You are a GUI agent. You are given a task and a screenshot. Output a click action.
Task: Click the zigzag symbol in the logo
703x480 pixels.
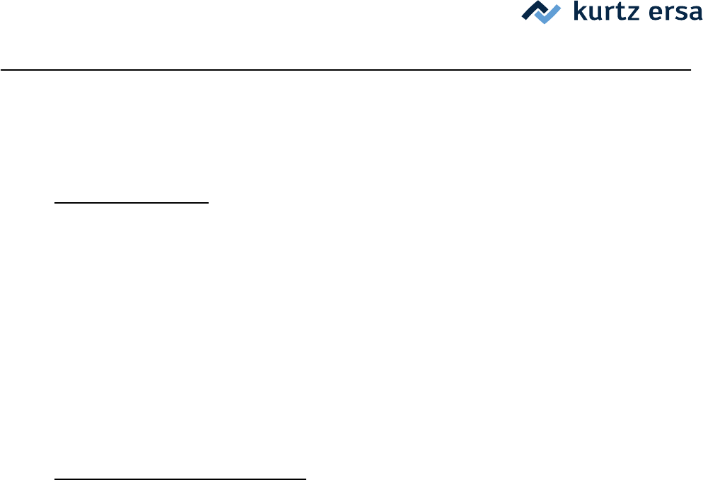point(541,13)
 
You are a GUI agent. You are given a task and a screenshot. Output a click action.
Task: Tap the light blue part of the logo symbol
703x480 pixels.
point(550,15)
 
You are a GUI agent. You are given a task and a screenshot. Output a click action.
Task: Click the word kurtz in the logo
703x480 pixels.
point(600,13)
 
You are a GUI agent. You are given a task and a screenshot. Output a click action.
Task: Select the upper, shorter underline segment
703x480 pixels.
point(132,202)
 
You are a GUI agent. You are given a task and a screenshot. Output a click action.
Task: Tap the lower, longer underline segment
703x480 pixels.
point(180,479)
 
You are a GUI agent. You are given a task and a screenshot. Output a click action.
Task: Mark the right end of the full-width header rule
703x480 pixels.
point(689,70)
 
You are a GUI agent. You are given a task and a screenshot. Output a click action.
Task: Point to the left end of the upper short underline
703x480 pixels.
point(55,202)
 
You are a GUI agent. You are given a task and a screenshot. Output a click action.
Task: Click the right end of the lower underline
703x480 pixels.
point(306,479)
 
